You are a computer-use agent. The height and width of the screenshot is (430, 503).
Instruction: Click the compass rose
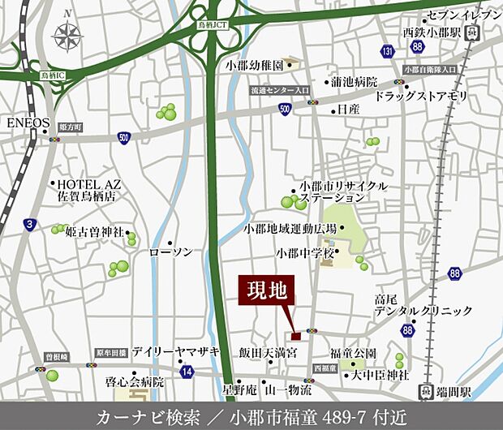click(67, 36)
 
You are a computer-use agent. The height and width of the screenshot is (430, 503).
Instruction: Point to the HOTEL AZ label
click(88, 184)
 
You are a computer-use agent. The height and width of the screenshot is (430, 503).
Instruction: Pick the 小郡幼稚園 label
click(254, 64)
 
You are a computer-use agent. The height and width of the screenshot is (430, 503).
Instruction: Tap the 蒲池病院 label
click(355, 82)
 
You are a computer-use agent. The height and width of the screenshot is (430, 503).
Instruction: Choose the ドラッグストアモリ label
click(421, 96)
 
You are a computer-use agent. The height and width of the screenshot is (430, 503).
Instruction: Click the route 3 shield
click(29, 225)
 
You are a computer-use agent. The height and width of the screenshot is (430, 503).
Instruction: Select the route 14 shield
click(187, 371)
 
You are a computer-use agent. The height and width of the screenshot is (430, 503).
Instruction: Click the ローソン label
click(171, 252)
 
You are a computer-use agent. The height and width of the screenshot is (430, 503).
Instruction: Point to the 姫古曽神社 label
click(94, 232)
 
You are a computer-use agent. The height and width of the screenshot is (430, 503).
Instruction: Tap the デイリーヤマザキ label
click(176, 353)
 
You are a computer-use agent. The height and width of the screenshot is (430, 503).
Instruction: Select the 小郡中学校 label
click(304, 253)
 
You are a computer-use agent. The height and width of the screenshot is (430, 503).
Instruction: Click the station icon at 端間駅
click(424, 392)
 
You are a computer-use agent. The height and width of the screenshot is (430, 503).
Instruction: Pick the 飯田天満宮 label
click(268, 353)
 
